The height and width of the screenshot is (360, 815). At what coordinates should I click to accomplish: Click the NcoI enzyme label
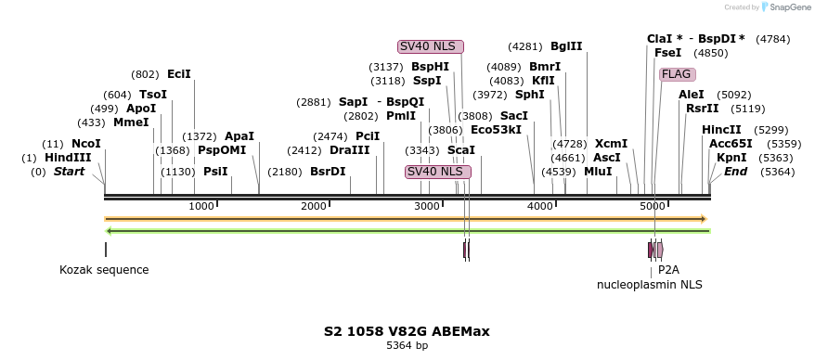85,144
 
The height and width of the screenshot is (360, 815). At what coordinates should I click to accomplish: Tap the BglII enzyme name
566,46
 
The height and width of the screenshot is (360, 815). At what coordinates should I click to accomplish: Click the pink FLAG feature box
677,74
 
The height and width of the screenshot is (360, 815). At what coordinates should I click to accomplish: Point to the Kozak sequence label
104,270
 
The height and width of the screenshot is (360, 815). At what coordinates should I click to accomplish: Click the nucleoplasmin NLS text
649,285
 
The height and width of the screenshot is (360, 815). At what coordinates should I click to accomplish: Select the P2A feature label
668,270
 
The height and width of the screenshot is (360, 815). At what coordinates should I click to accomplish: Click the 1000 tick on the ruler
201,205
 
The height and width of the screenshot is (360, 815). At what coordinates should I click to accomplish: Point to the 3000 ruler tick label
427,205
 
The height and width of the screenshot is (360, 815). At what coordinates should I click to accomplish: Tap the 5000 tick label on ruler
653,205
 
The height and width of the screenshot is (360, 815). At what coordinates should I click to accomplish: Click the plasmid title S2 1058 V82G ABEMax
407,331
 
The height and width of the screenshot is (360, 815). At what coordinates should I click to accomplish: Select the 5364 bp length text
407,346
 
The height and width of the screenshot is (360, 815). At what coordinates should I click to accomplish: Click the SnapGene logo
783,7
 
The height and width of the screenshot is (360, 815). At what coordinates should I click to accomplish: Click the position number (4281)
525,46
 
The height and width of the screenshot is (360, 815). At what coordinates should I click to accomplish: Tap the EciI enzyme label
179,74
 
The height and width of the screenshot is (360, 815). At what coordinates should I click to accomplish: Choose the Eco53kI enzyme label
496,130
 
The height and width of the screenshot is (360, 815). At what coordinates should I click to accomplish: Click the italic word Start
69,172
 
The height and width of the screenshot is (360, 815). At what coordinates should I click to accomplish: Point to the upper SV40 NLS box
430,46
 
